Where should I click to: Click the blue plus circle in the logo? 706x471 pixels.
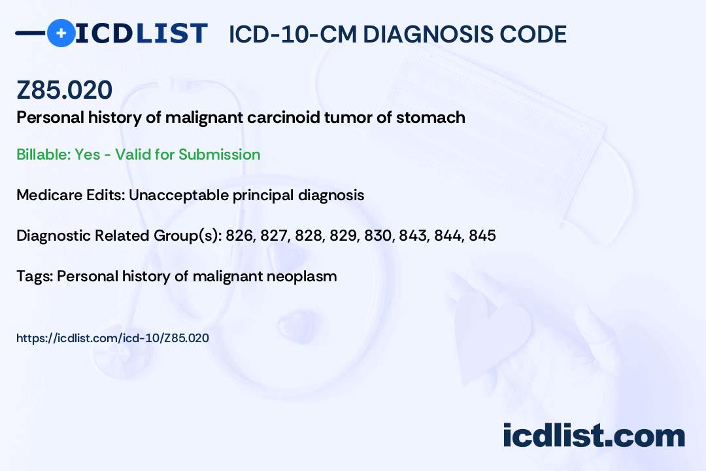(61, 33)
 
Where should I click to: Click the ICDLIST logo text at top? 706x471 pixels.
(141, 33)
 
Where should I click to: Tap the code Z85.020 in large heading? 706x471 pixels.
(64, 90)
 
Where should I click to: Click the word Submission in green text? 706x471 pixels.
(219, 154)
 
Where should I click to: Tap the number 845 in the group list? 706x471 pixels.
(482, 235)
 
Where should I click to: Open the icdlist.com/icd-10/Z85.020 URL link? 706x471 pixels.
(112, 338)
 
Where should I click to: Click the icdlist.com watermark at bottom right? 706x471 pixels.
(594, 436)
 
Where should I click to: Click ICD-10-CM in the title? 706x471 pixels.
(292, 34)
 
